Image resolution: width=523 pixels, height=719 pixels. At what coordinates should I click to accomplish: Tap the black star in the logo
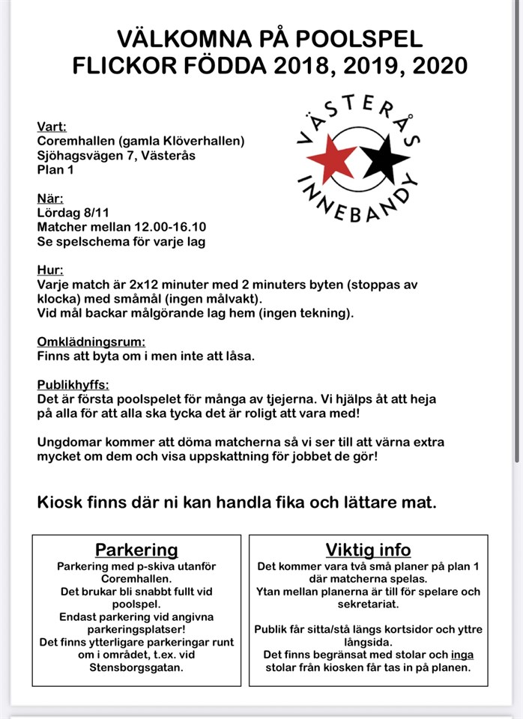click(x=387, y=158)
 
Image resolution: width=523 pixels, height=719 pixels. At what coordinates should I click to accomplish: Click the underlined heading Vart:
click(x=52, y=127)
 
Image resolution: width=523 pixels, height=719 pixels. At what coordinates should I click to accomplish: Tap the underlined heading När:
click(x=50, y=198)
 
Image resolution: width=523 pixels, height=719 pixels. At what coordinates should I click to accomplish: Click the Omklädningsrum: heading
click(x=91, y=342)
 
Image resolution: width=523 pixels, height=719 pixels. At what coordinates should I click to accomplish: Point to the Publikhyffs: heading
click(x=73, y=385)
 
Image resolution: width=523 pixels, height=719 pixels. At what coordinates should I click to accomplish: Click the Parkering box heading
click(x=136, y=550)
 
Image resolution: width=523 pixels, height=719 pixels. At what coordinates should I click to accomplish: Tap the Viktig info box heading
click(x=368, y=550)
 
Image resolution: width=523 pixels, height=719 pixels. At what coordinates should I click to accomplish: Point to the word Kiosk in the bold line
click(x=59, y=502)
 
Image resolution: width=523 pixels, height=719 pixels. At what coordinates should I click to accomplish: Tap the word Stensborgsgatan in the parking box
click(x=136, y=668)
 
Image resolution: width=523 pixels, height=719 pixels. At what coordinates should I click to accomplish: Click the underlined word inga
click(x=462, y=655)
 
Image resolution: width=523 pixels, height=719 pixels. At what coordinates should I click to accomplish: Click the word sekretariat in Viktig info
click(x=368, y=604)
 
